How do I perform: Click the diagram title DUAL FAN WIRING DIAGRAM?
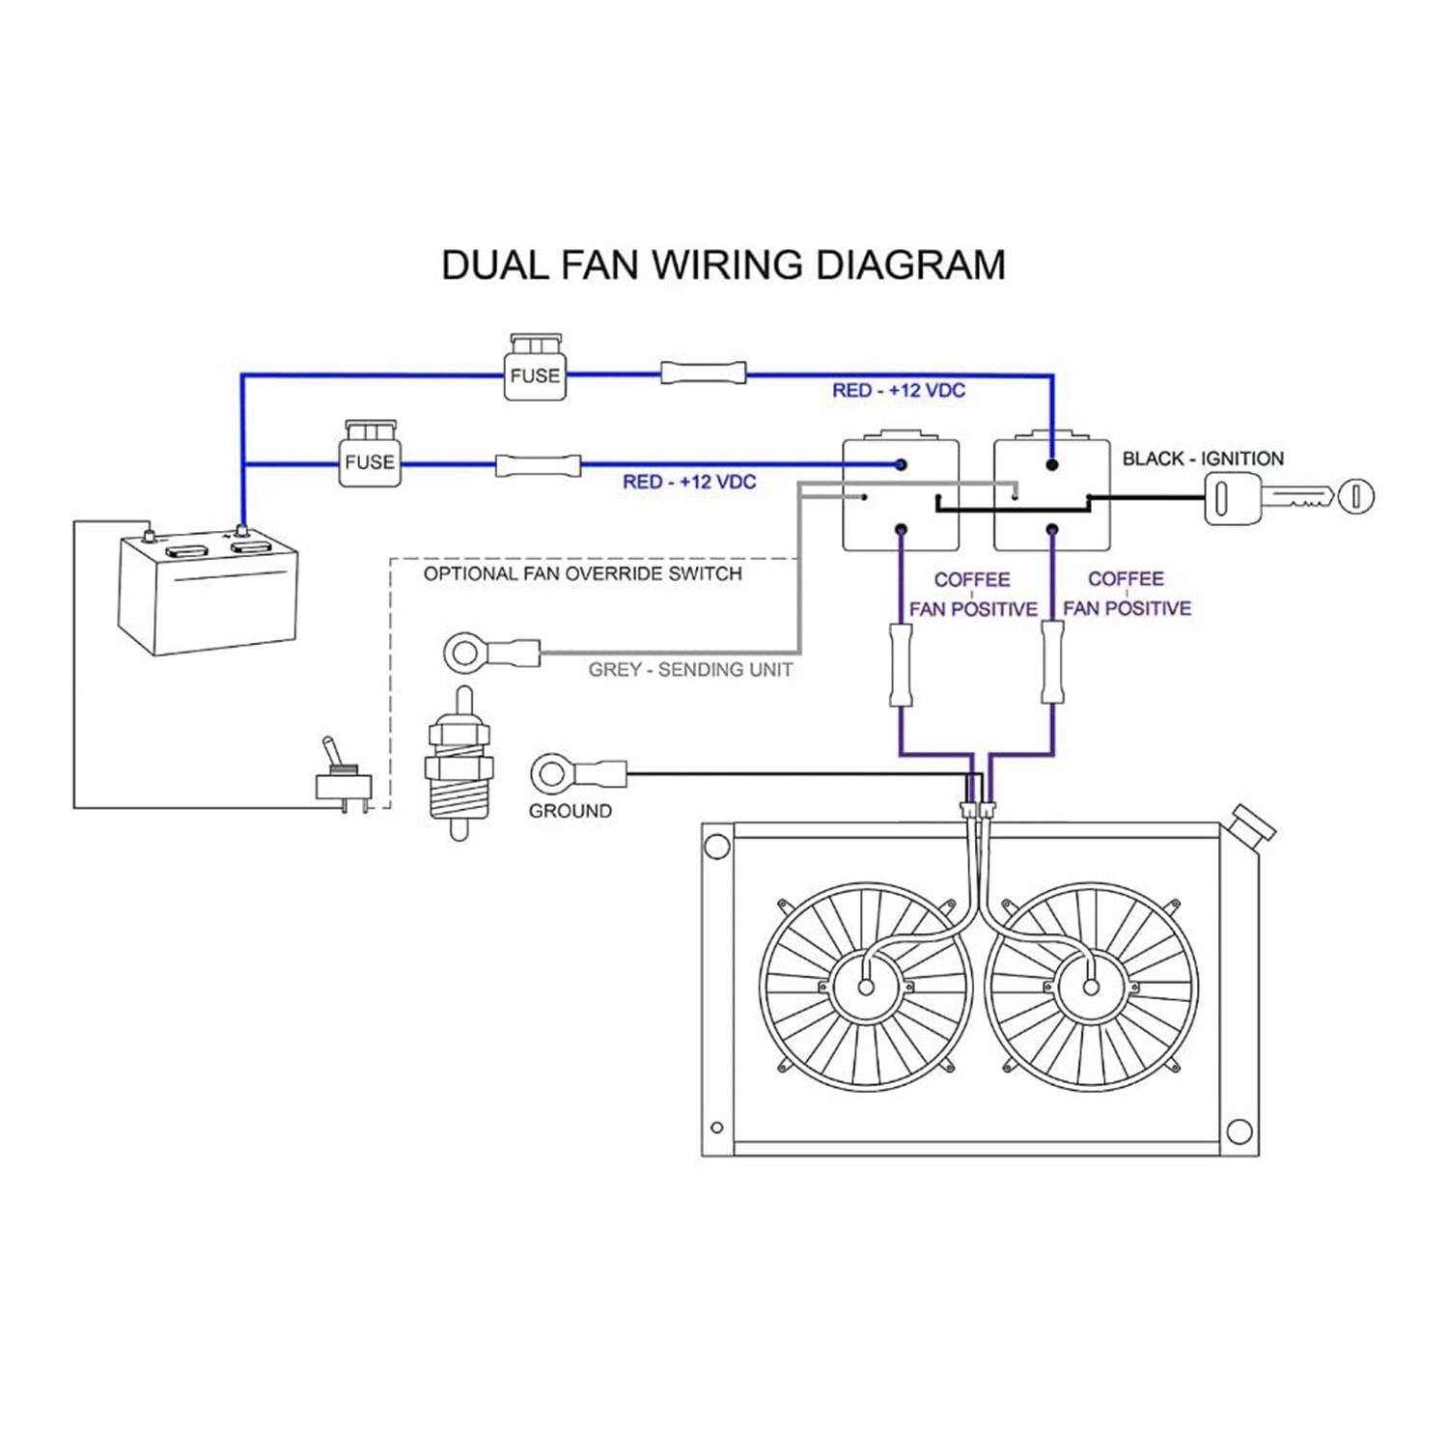tap(723, 265)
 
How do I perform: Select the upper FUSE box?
tap(535, 368)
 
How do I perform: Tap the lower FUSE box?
tap(370, 454)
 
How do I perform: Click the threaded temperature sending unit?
tap(460, 763)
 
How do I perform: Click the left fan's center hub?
tap(866, 987)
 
